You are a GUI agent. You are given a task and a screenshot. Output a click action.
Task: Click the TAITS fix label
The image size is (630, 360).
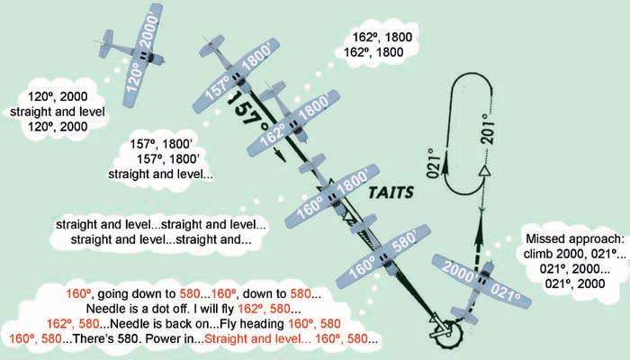[x=391, y=193]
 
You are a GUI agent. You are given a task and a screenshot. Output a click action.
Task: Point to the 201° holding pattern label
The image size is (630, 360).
[x=488, y=129]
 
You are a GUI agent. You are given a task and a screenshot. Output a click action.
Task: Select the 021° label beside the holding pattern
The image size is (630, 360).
[x=432, y=163]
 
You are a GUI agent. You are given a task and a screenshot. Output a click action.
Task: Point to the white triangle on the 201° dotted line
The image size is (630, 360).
[x=486, y=172]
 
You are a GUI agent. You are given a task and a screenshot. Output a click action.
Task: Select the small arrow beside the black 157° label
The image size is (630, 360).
[x=280, y=154]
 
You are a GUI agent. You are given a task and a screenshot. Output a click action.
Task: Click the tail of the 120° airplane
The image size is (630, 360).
[x=106, y=43]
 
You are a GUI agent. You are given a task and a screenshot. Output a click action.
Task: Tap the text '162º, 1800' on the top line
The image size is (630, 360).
[x=382, y=38]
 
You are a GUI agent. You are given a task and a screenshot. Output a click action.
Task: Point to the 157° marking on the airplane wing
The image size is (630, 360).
[x=218, y=89]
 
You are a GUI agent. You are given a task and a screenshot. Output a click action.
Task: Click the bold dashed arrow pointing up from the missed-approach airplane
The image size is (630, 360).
[x=478, y=240]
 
